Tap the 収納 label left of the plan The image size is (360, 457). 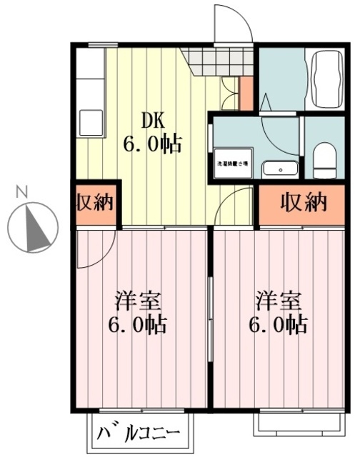coord(95,203)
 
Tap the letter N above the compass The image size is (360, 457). coord(22,191)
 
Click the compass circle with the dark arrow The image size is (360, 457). coord(32,228)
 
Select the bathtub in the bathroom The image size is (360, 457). coord(326,79)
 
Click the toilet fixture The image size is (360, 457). coord(325,159)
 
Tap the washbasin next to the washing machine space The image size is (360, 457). coord(279,169)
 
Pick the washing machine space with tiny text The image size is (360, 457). coord(232,164)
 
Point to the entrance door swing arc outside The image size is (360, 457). coord(234,21)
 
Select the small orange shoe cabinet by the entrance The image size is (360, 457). coord(246,93)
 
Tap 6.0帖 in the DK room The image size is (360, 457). coord(151,144)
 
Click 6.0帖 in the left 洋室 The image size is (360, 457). coord(136,326)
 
